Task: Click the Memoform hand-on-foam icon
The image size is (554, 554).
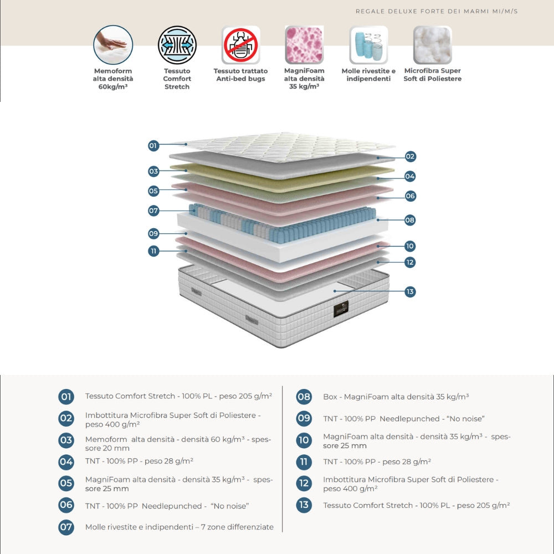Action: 113,45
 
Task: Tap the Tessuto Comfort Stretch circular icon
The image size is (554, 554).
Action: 177,45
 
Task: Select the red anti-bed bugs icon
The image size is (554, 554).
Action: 241,45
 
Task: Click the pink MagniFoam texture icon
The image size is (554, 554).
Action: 304,45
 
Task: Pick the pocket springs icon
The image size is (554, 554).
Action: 368,45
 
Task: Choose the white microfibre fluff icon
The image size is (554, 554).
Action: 432,45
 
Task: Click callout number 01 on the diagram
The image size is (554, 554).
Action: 153,146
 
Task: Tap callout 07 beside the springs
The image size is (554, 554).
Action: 153,211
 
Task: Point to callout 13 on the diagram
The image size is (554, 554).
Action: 410,291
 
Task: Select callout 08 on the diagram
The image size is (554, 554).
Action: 410,220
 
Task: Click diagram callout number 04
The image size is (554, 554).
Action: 410,176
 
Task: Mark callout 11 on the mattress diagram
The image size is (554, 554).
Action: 153,251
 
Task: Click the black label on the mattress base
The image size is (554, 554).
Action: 341,310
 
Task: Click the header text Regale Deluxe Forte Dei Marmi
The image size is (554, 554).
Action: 437,11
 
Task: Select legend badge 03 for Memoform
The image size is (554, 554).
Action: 66,440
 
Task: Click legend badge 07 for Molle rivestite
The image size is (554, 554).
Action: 66,527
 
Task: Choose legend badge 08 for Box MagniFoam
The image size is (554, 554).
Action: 304,397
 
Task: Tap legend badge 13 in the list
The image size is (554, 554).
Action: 304,505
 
